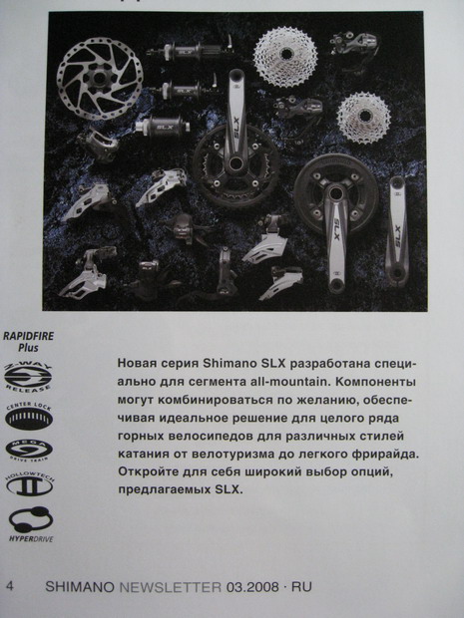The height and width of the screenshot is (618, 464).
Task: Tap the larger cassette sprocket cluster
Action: [285, 56]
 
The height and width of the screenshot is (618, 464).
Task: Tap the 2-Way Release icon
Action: [30, 377]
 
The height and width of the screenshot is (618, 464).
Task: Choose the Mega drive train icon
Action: [30, 450]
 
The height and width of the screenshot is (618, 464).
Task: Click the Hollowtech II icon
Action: [30, 485]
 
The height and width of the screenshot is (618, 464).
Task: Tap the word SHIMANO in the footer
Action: [79, 588]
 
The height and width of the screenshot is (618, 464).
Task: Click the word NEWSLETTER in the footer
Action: [171, 588]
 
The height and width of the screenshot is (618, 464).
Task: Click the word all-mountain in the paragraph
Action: [299, 383]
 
